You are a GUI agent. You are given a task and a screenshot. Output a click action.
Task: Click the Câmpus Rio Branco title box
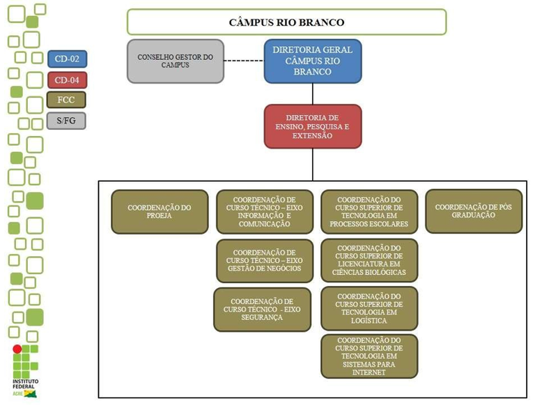point(286,22)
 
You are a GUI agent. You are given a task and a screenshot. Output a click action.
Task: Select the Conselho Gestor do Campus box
point(176,61)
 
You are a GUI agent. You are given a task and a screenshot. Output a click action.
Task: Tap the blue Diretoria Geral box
point(313,61)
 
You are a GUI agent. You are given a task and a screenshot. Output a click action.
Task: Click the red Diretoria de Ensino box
point(313,126)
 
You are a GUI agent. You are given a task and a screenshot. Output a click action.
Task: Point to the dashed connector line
point(244,61)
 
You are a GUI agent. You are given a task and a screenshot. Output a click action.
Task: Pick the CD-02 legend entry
point(67,59)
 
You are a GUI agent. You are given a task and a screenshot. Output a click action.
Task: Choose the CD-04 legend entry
point(67,80)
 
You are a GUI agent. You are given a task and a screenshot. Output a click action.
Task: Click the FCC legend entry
point(67,100)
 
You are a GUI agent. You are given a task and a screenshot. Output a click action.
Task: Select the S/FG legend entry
point(67,120)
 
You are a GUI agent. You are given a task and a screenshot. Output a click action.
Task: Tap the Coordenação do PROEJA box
point(160,211)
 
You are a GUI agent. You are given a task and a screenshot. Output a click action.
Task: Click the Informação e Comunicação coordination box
point(264,211)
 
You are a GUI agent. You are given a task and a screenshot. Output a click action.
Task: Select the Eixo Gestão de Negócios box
point(264,260)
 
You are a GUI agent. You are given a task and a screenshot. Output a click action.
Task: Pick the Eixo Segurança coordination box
point(262,309)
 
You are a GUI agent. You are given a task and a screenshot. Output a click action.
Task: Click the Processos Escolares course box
point(369,211)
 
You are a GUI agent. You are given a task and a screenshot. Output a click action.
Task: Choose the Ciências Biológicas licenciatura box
point(369,260)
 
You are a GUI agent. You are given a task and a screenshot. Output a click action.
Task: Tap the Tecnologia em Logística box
point(369,308)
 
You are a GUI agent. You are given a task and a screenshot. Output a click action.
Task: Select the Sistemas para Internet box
point(369,356)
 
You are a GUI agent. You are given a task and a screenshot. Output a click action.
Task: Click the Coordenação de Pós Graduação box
point(474,211)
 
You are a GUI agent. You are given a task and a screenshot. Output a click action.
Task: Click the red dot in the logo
point(17,349)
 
